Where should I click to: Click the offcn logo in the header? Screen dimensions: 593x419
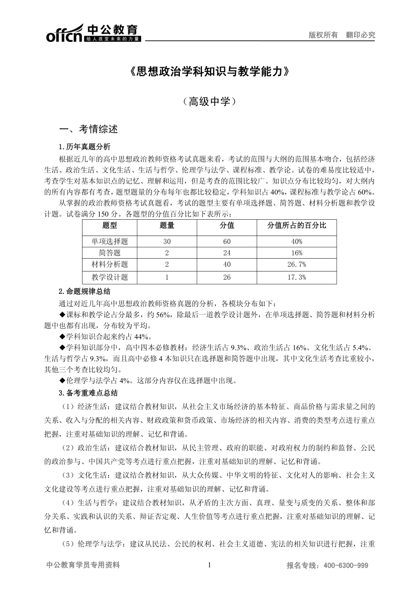pyautogui.click(x=93, y=33)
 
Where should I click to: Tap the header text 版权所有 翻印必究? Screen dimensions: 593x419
pyautogui.click(x=341, y=35)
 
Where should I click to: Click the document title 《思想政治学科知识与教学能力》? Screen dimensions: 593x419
pyautogui.click(x=209, y=72)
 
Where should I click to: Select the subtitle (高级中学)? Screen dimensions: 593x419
pyautogui.click(x=209, y=102)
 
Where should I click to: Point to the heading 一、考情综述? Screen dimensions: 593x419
pyautogui.click(x=89, y=129)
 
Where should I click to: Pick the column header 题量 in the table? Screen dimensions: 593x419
pyautogui.click(x=167, y=226)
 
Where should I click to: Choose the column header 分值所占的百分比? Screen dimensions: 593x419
pyautogui.click(x=296, y=226)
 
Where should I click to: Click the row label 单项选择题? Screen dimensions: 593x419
pyautogui.click(x=109, y=241)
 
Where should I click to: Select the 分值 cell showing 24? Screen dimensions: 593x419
pyautogui.click(x=227, y=253)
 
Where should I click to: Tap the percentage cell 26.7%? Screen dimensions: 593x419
pyautogui.click(x=296, y=265)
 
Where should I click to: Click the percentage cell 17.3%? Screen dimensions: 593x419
pyautogui.click(x=296, y=277)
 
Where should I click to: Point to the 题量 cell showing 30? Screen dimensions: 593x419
pyautogui.click(x=167, y=241)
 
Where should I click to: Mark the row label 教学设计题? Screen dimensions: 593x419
pyautogui.click(x=109, y=277)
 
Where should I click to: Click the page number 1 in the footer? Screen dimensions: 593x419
pyautogui.click(x=209, y=565)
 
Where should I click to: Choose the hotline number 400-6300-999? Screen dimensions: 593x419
pyautogui.click(x=346, y=566)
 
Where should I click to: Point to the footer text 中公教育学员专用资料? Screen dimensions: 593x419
pyautogui.click(x=82, y=565)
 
